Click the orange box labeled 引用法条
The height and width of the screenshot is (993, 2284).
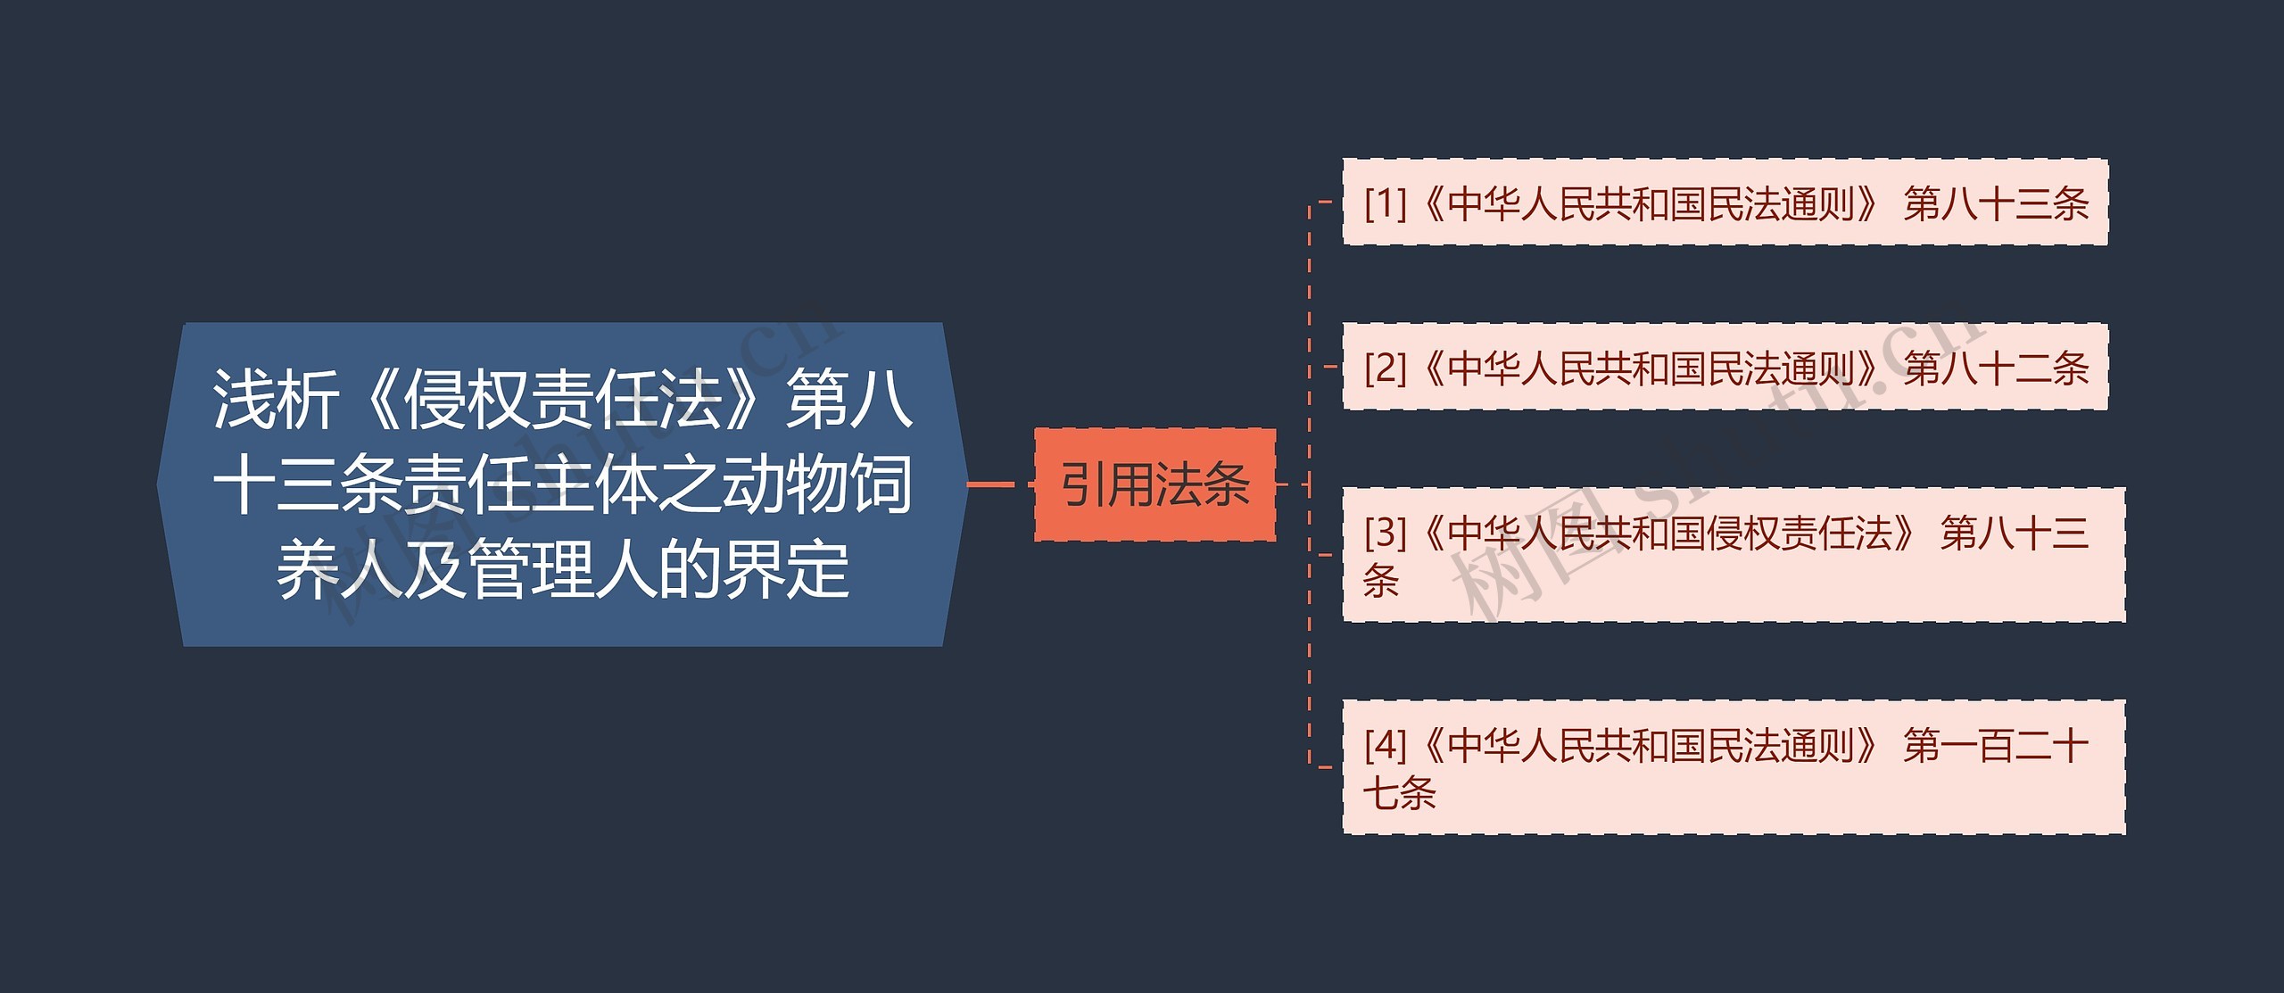point(1154,484)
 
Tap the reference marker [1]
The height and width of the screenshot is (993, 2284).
point(1385,204)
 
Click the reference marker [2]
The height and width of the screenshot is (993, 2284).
point(1385,368)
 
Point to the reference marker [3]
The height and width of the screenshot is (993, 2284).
point(1385,533)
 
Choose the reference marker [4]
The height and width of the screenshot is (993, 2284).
point(1385,745)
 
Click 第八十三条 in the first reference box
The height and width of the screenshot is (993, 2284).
point(1996,204)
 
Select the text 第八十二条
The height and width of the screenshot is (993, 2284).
point(1996,368)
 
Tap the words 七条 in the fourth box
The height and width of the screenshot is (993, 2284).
point(1399,793)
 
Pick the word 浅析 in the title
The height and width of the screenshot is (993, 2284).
point(276,399)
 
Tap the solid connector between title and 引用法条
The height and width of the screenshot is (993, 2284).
point(990,484)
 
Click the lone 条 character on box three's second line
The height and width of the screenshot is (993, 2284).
point(1381,581)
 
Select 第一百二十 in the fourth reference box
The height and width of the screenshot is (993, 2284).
point(1996,745)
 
